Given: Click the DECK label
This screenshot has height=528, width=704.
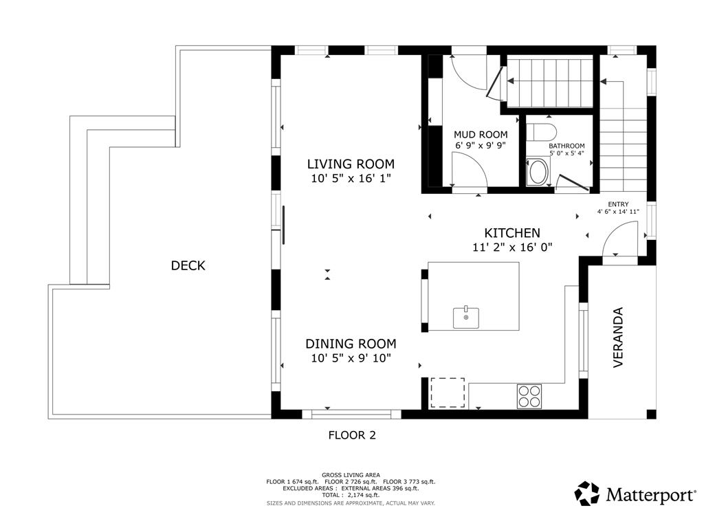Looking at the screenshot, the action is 188,265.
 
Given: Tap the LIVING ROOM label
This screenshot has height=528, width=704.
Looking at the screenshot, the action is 351,164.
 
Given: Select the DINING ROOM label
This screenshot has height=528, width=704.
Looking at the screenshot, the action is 351,344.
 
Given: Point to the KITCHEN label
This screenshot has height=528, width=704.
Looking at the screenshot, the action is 511,233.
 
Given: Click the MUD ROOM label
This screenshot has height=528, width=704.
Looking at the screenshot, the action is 481,134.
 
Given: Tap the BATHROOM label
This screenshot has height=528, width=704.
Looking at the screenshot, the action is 566,146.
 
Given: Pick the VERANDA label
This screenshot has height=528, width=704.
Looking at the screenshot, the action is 618,337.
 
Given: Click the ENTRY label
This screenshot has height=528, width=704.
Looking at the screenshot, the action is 618,204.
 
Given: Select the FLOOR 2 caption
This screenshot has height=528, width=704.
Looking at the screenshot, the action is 352,435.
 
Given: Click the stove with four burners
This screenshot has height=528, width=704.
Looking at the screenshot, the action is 529,397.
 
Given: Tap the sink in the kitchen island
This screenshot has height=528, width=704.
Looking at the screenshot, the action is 466,317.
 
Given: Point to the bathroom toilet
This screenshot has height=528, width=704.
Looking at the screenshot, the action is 541,132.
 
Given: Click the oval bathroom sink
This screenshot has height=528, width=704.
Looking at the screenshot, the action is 537,171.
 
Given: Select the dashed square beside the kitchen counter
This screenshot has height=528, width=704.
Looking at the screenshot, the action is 448,393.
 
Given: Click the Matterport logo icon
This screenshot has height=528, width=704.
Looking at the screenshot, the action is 587,494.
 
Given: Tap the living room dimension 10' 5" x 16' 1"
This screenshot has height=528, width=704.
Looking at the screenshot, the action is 351,178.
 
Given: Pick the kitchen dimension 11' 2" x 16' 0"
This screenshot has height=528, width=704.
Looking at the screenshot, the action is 511,247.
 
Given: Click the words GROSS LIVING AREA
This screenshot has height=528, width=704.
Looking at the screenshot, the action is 351,475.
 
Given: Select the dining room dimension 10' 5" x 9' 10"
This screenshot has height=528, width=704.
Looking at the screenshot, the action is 351,357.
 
